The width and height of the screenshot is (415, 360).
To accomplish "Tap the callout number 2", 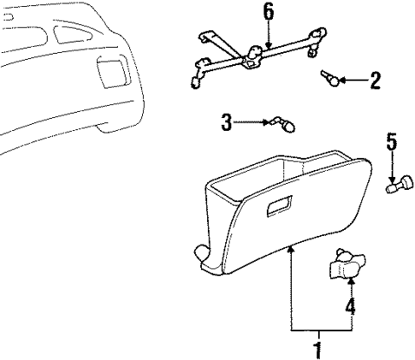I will point(374,82).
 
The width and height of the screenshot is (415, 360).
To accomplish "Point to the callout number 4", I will point(350,305).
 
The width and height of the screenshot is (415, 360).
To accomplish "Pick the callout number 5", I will point(392,141).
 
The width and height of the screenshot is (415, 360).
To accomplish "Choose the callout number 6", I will point(269,11).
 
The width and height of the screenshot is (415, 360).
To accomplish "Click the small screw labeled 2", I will point(329,80).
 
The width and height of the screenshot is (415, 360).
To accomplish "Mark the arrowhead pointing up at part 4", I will point(350,281).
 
